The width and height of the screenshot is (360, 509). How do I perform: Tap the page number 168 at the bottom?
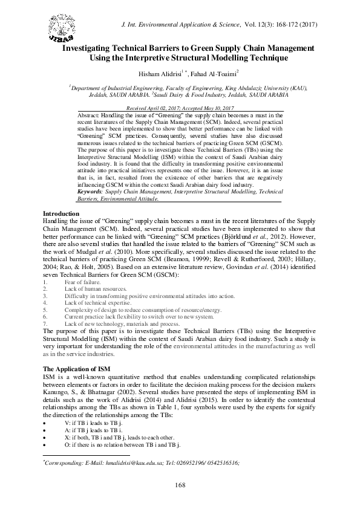pos(179,484)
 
